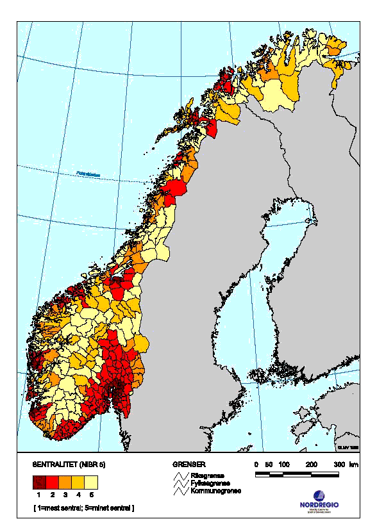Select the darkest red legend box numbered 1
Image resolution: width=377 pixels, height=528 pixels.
pos(38,483)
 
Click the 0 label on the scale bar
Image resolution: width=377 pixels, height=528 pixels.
pos(256,463)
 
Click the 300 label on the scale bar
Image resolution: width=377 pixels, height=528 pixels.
pos(339,463)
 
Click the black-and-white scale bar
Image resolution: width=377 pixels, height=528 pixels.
pos(297,475)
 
